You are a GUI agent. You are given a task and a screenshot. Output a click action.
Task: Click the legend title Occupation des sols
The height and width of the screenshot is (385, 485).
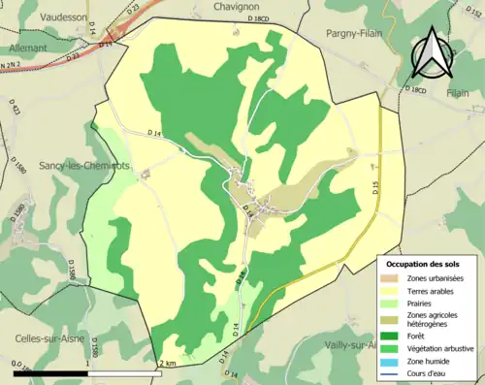point(427,264)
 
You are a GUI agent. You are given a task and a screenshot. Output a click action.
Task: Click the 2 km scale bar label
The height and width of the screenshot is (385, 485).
point(167,364)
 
